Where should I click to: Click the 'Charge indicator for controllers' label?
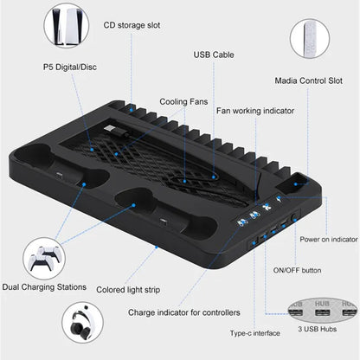point(183,312)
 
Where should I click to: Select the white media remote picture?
point(309,39)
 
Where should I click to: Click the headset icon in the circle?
point(84,322)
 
